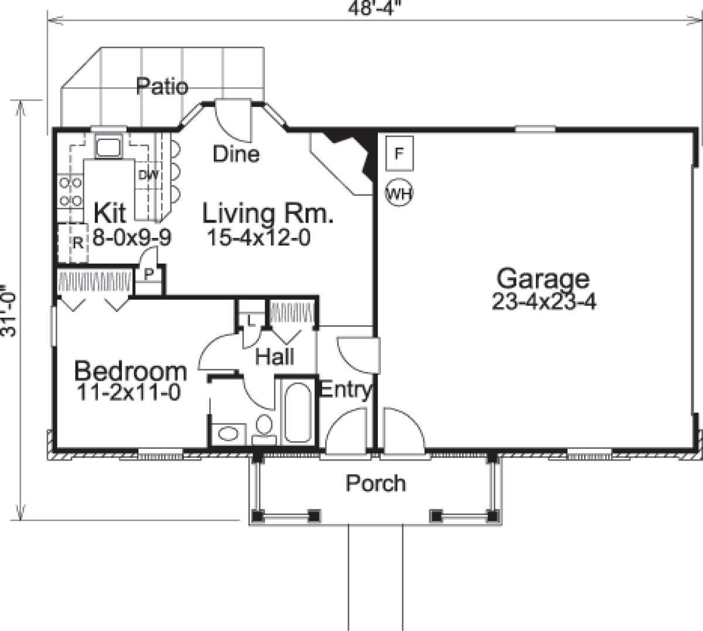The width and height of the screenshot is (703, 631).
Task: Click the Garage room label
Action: (x=543, y=278)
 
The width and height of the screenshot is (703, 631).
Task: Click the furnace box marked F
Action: (x=400, y=154)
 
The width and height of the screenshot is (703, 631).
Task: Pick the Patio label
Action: (x=162, y=87)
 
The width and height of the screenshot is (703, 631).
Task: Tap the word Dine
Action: (x=236, y=154)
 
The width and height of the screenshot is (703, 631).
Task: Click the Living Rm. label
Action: (x=268, y=214)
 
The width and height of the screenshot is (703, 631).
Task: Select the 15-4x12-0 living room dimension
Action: (x=258, y=237)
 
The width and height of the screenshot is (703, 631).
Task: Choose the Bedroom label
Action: (x=131, y=371)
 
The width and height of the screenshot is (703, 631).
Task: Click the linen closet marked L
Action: (x=250, y=320)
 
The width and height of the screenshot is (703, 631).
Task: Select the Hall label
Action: (x=275, y=356)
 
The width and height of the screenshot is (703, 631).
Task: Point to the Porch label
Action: (x=376, y=483)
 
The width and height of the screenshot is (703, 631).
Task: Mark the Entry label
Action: (x=344, y=390)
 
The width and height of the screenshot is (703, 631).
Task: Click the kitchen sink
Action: (x=108, y=147)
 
